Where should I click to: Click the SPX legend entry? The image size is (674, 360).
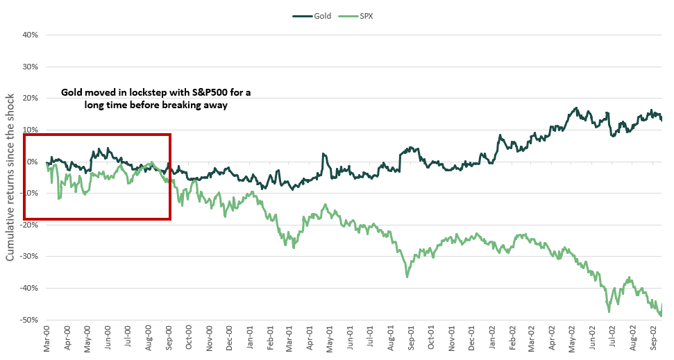click(x=365, y=15)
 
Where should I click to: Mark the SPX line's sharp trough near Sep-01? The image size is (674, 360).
click(x=407, y=277)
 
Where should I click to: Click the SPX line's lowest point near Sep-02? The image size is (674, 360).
click(x=660, y=316)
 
